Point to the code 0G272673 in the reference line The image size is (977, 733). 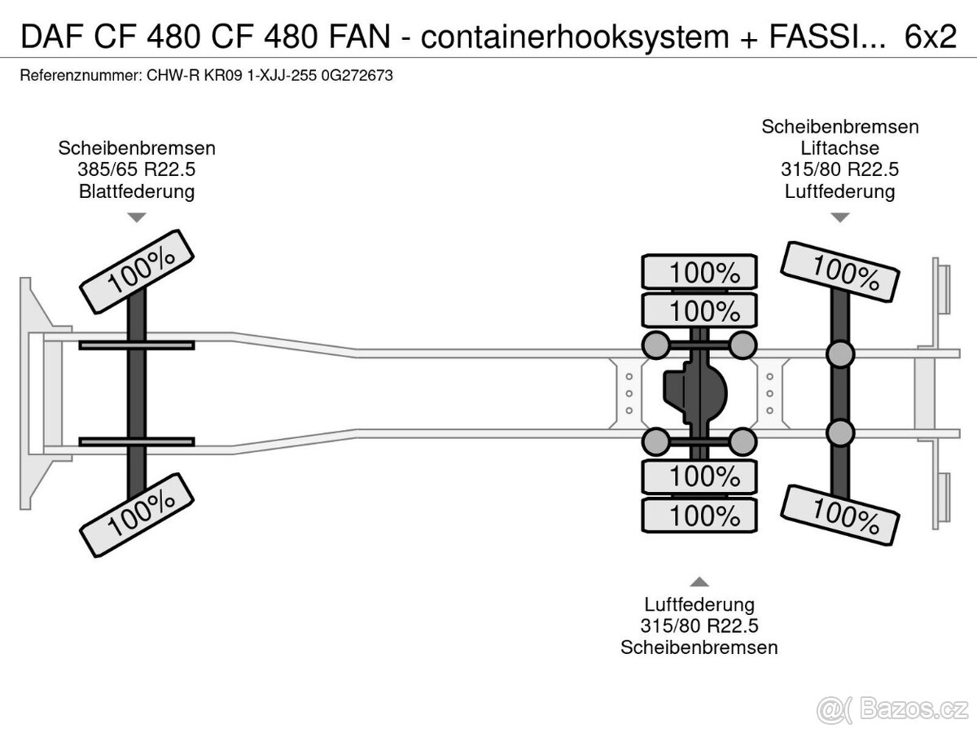357,75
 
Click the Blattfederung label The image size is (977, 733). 137,191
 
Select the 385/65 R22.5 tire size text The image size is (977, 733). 137,170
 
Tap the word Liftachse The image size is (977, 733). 840,148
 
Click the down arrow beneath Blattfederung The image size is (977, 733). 137,217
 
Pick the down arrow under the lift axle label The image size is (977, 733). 840,217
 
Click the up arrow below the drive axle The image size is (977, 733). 699,582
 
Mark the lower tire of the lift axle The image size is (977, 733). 840,513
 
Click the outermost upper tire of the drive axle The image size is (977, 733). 699,272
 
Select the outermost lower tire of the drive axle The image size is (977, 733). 699,515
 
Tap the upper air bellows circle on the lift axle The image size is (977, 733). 840,353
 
